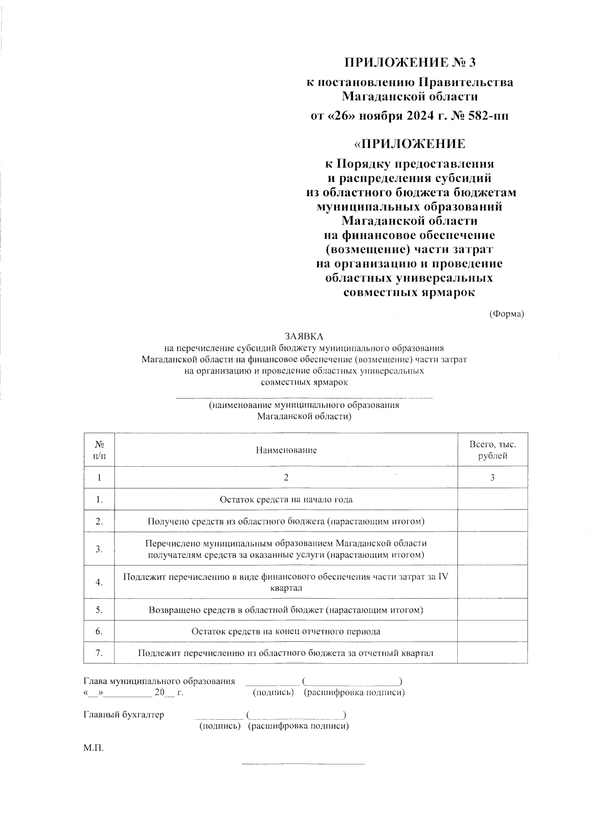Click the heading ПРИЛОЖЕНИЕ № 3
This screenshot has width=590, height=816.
pyautogui.click(x=410, y=62)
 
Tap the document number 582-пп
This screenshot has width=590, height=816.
pyautogui.click(x=490, y=116)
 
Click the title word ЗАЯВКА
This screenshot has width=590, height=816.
pyautogui.click(x=304, y=337)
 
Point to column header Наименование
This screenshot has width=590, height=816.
pyautogui.click(x=286, y=450)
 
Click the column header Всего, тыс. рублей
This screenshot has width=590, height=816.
pyautogui.click(x=493, y=450)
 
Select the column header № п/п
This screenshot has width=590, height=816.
pyautogui.click(x=99, y=450)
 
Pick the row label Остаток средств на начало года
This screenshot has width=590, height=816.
pyautogui.click(x=286, y=500)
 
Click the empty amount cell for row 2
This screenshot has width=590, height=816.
pyautogui.click(x=493, y=521)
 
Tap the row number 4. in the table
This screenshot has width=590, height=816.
pyautogui.click(x=99, y=582)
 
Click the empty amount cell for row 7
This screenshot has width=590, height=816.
pyautogui.click(x=493, y=653)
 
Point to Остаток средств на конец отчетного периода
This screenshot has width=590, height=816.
pyautogui.click(x=286, y=631)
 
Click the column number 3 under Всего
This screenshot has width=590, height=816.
pyautogui.click(x=493, y=478)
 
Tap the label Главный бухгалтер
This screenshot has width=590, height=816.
pyautogui.click(x=124, y=714)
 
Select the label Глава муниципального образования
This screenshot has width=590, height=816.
pyautogui.click(x=159, y=681)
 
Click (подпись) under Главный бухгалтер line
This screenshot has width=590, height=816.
pyautogui.click(x=219, y=726)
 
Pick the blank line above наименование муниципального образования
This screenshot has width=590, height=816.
pyautogui.click(x=304, y=396)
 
